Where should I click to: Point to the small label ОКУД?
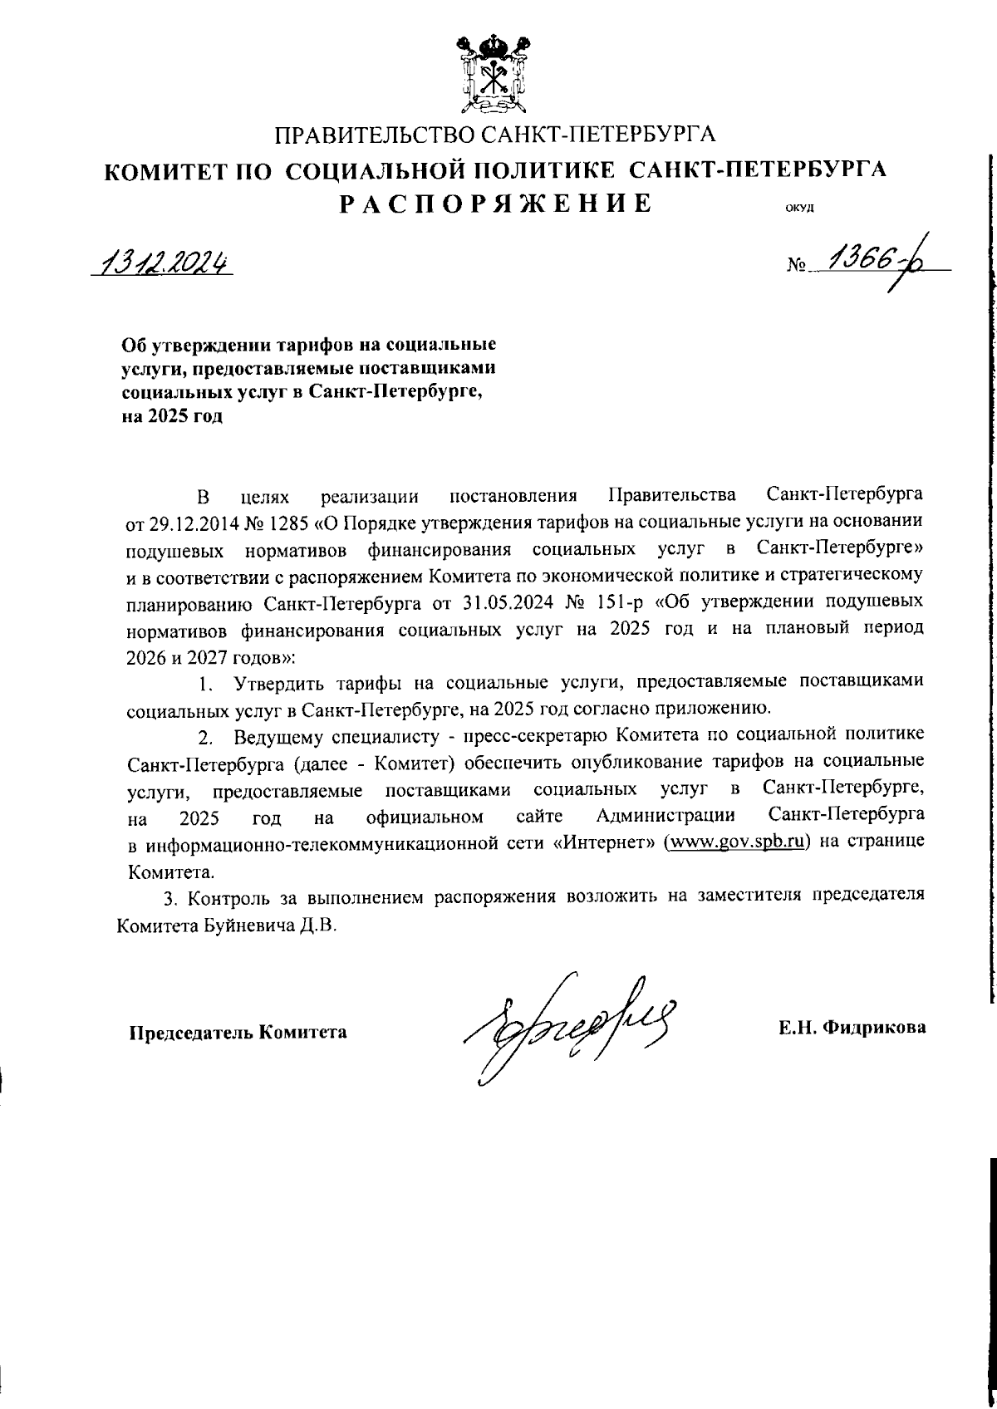[x=798, y=209]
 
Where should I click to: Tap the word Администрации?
[x=667, y=818]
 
